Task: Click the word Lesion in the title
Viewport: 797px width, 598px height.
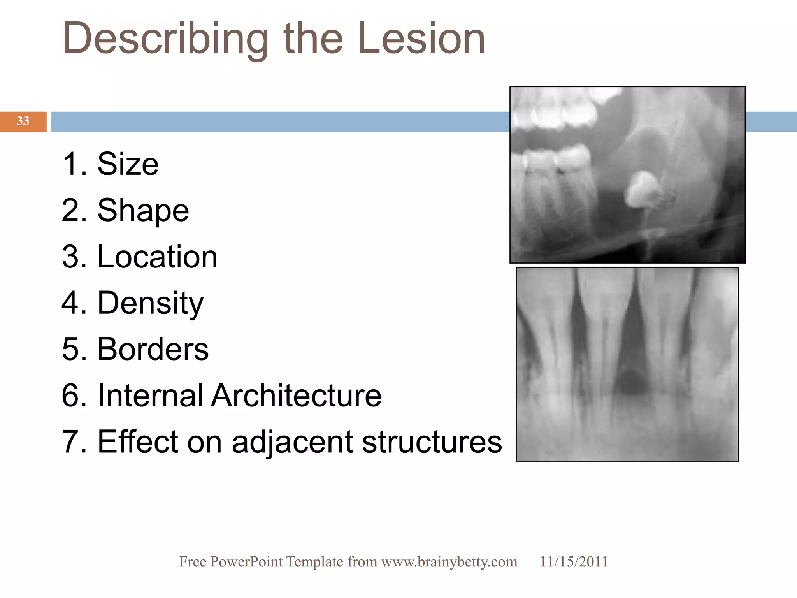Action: (421, 39)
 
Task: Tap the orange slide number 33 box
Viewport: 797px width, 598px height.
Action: (23, 121)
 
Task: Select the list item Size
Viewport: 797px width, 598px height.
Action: (128, 164)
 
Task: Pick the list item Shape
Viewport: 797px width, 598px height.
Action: (143, 211)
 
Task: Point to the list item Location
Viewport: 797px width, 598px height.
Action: (157, 257)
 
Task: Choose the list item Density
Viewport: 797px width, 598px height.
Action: (150, 303)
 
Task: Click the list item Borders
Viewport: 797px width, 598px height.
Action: (153, 349)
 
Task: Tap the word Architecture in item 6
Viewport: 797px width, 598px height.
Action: (296, 395)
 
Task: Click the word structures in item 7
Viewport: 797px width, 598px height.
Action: (432, 442)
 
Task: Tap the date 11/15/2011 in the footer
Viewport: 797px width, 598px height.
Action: (574, 562)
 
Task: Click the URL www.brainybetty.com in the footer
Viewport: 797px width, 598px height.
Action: (449, 562)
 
